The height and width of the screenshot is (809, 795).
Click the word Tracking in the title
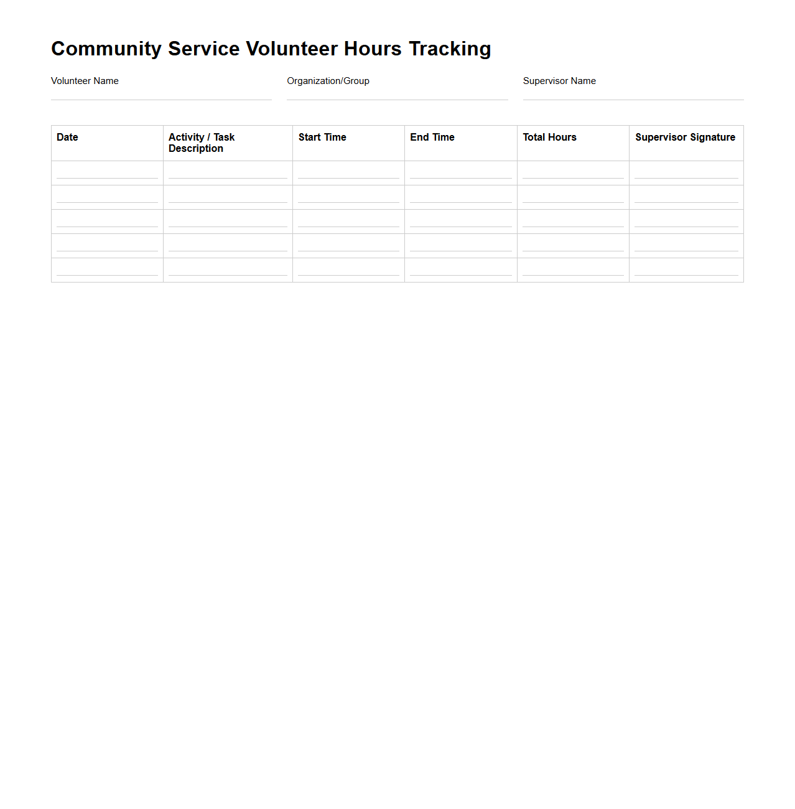click(450, 49)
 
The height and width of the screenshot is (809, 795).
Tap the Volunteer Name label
click(85, 81)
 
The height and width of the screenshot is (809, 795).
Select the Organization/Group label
click(328, 81)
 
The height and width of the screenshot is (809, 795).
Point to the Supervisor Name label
click(559, 81)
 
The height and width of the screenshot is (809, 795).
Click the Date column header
click(67, 138)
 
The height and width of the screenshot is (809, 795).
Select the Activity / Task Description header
click(201, 143)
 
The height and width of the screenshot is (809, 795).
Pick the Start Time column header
click(322, 138)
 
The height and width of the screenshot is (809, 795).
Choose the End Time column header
click(432, 138)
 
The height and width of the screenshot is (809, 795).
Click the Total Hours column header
click(549, 138)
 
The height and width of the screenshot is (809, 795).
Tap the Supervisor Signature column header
click(685, 138)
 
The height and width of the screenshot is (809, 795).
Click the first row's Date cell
click(107, 173)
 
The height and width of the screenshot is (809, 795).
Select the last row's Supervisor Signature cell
click(686, 270)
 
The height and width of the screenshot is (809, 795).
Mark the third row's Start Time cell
click(348, 222)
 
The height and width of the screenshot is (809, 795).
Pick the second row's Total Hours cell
click(573, 197)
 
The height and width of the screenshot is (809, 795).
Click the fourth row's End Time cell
click(460, 246)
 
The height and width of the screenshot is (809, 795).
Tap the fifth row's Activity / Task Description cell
click(228, 270)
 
